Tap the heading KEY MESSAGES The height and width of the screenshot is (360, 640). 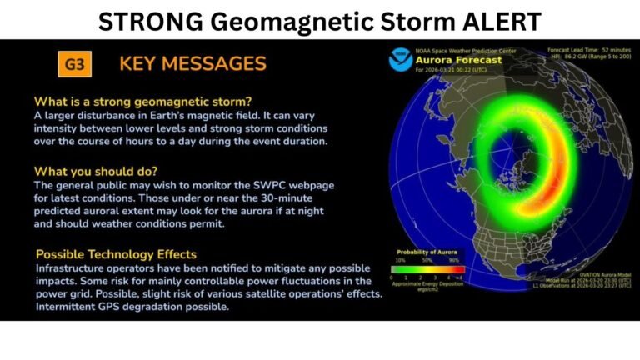point(192,63)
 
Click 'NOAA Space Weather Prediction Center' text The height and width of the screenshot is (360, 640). point(466,50)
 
